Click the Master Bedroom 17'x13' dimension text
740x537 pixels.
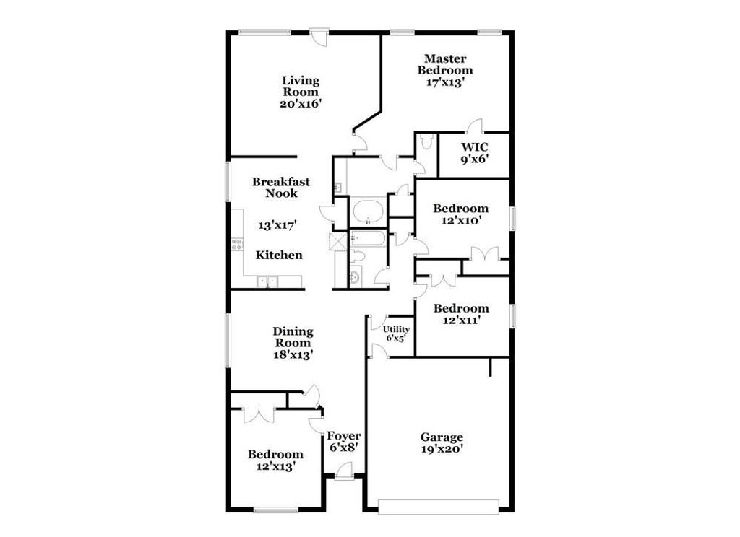tap(444, 82)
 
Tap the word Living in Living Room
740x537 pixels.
tap(301, 80)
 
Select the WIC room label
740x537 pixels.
tap(474, 147)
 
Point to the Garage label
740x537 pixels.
tap(442, 437)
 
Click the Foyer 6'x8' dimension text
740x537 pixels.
tap(343, 447)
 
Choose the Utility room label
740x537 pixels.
tap(396, 329)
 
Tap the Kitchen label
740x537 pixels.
tap(279, 255)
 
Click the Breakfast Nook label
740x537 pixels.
tap(280, 188)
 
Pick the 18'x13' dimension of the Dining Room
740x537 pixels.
tap(293, 354)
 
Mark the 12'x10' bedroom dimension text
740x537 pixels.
tap(460, 221)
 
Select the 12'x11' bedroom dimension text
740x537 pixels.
tap(460, 320)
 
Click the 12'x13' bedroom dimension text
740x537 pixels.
tap(275, 466)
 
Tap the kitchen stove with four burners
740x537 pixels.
tap(236, 244)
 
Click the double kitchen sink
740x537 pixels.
tap(267, 281)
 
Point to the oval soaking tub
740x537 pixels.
tap(367, 213)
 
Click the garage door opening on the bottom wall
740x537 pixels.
tap(439, 507)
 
